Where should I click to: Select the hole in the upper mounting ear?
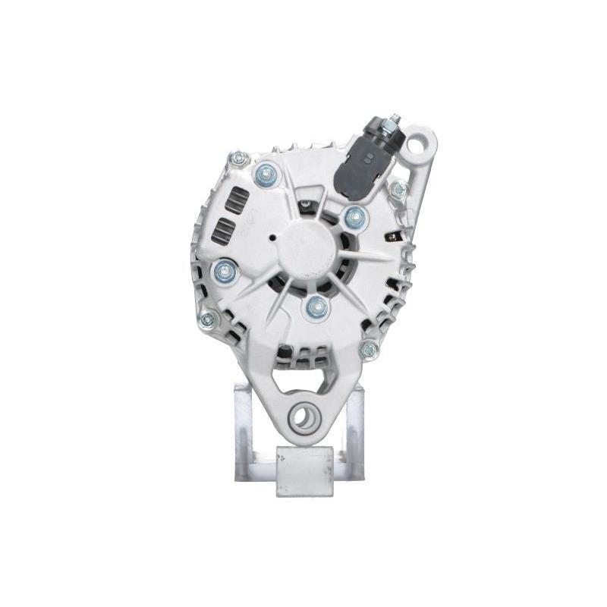pyautogui.click(x=418, y=143)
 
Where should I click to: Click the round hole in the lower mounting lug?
pyautogui.click(x=304, y=416)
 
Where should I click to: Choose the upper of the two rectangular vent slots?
pyautogui.click(x=238, y=199)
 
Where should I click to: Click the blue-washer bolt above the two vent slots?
pyautogui.click(x=265, y=175)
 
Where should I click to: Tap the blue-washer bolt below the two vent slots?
pyautogui.click(x=225, y=271)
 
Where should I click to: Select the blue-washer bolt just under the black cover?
pyautogui.click(x=354, y=219)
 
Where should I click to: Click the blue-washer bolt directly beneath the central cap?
pyautogui.click(x=316, y=307)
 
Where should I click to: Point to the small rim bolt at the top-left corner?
pyautogui.click(x=238, y=159)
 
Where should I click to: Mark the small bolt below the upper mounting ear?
pyautogui.click(x=397, y=190)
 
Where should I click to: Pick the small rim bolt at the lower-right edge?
pyautogui.click(x=370, y=349)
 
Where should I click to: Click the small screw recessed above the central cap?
pyautogui.click(x=305, y=203)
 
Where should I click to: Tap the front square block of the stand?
pyautogui.click(x=304, y=470)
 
